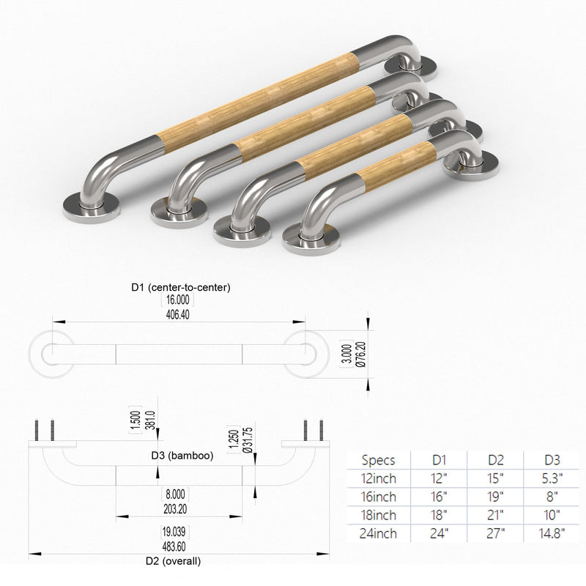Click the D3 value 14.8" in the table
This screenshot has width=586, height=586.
pos(552,533)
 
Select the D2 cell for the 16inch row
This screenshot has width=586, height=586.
pos(495,497)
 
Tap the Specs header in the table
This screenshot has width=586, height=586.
pos(378,460)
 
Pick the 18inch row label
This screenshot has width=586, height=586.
pos(378,515)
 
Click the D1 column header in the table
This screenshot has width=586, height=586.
pos(439,460)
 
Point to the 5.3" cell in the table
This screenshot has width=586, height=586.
pos(552,478)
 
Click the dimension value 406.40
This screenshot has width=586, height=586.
pos(177,315)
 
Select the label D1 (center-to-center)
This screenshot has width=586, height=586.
pos(181,287)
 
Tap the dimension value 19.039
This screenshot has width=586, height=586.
pos(174,532)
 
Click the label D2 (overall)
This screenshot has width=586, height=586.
pos(173,561)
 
